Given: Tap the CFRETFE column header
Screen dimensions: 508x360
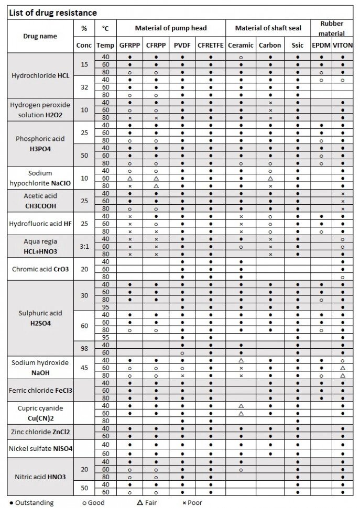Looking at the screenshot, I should (x=211, y=46).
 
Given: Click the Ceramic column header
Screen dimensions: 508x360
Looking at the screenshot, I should (x=241, y=46).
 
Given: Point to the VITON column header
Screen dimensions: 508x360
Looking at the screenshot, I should (x=343, y=46).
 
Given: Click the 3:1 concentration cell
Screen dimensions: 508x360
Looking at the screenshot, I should (x=84, y=246).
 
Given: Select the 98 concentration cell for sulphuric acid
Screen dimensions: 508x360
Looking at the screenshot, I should (x=84, y=349).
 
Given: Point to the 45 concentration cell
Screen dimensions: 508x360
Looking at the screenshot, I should (x=84, y=368).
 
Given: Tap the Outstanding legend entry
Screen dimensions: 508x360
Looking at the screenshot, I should (x=31, y=503).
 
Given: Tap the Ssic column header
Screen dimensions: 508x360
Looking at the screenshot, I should (x=298, y=46).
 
